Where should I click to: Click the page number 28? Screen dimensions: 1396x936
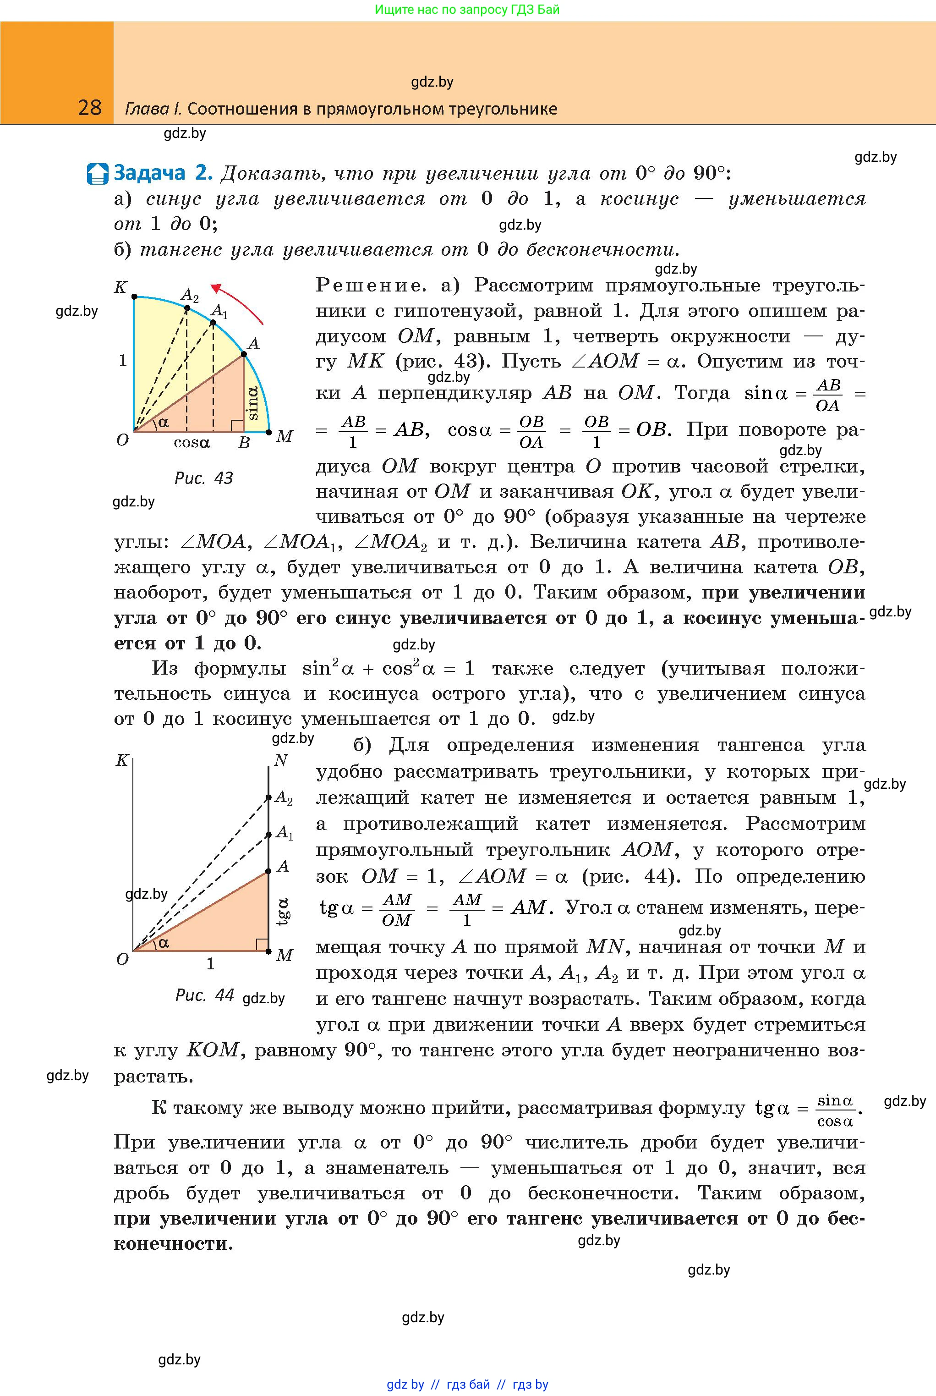click(89, 108)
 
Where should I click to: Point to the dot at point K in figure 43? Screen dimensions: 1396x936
click(134, 296)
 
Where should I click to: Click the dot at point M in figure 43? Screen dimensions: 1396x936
click(268, 432)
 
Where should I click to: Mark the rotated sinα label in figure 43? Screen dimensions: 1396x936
click(252, 402)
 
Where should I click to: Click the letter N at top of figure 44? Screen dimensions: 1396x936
click(280, 760)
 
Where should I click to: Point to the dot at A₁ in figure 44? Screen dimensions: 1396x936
click(268, 834)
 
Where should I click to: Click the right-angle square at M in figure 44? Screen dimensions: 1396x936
click(262, 944)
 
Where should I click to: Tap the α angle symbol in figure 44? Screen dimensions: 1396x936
click(163, 943)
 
